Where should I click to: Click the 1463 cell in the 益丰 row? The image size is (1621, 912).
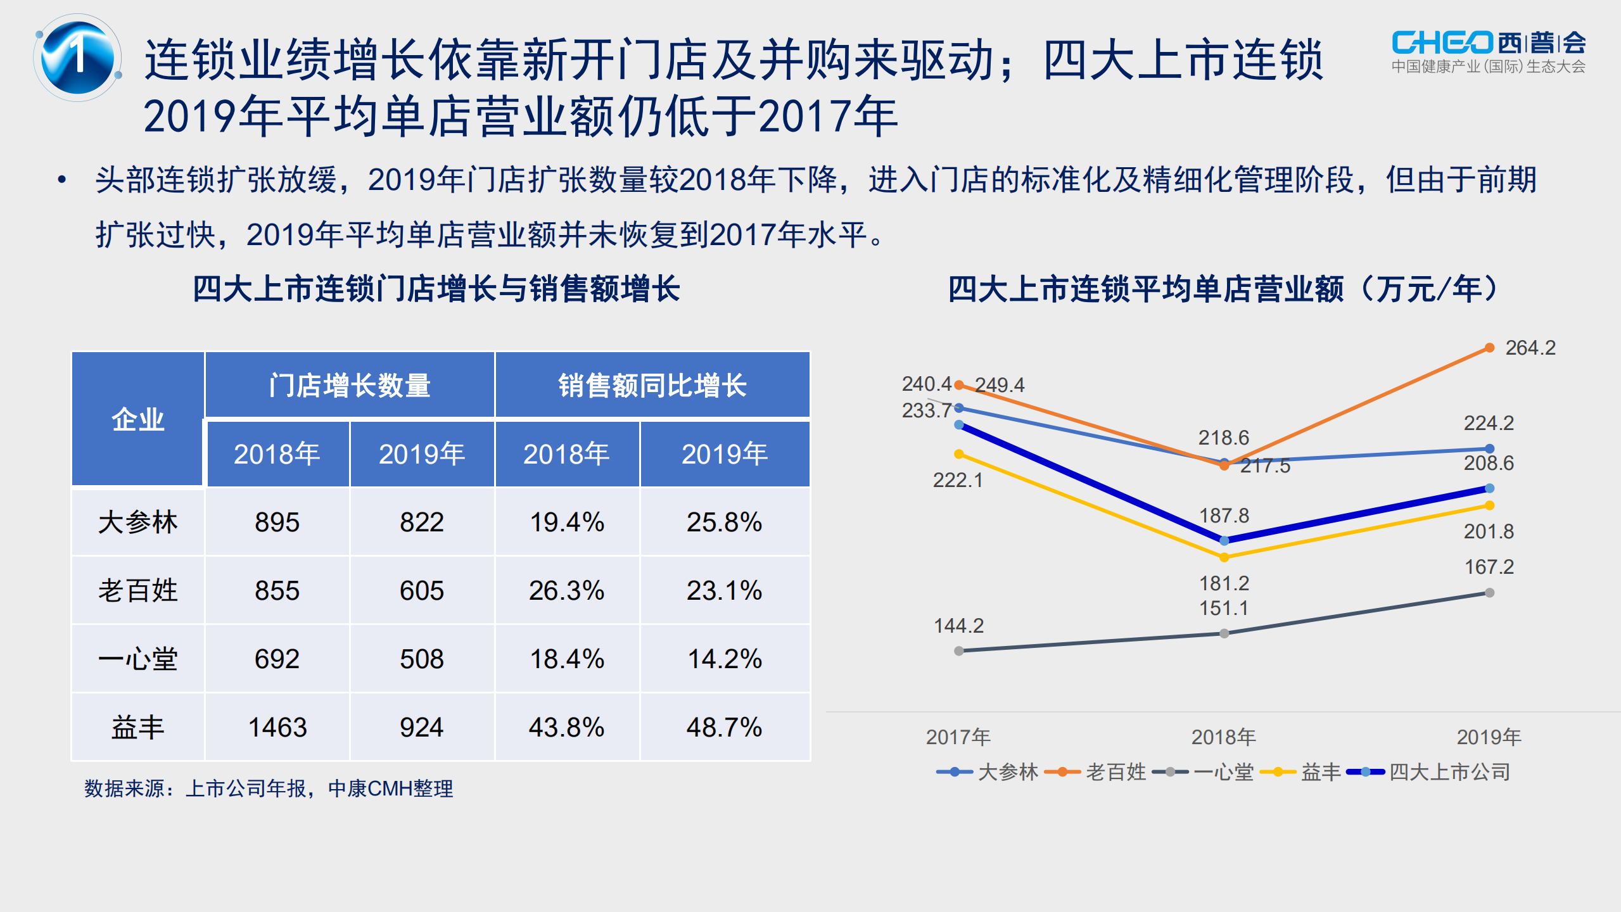point(277,727)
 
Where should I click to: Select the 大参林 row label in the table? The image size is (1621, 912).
point(137,522)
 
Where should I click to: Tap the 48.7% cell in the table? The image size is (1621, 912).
point(724,727)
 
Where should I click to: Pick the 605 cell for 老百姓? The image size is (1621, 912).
point(421,591)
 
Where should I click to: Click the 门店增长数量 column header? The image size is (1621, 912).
point(349,385)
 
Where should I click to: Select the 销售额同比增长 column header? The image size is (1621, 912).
point(652,385)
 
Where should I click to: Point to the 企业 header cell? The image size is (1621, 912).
point(137,419)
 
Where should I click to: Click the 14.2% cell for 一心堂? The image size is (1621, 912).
point(724,659)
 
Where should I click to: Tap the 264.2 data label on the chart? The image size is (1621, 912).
point(1530,348)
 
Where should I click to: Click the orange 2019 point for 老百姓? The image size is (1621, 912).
point(1489,348)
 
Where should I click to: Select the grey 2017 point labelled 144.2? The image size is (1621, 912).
point(958,650)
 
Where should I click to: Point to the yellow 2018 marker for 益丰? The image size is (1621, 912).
point(1224,557)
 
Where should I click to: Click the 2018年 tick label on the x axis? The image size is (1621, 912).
point(1223,737)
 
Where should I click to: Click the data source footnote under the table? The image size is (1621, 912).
point(269,788)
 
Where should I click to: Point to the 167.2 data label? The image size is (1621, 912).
point(1489,567)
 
